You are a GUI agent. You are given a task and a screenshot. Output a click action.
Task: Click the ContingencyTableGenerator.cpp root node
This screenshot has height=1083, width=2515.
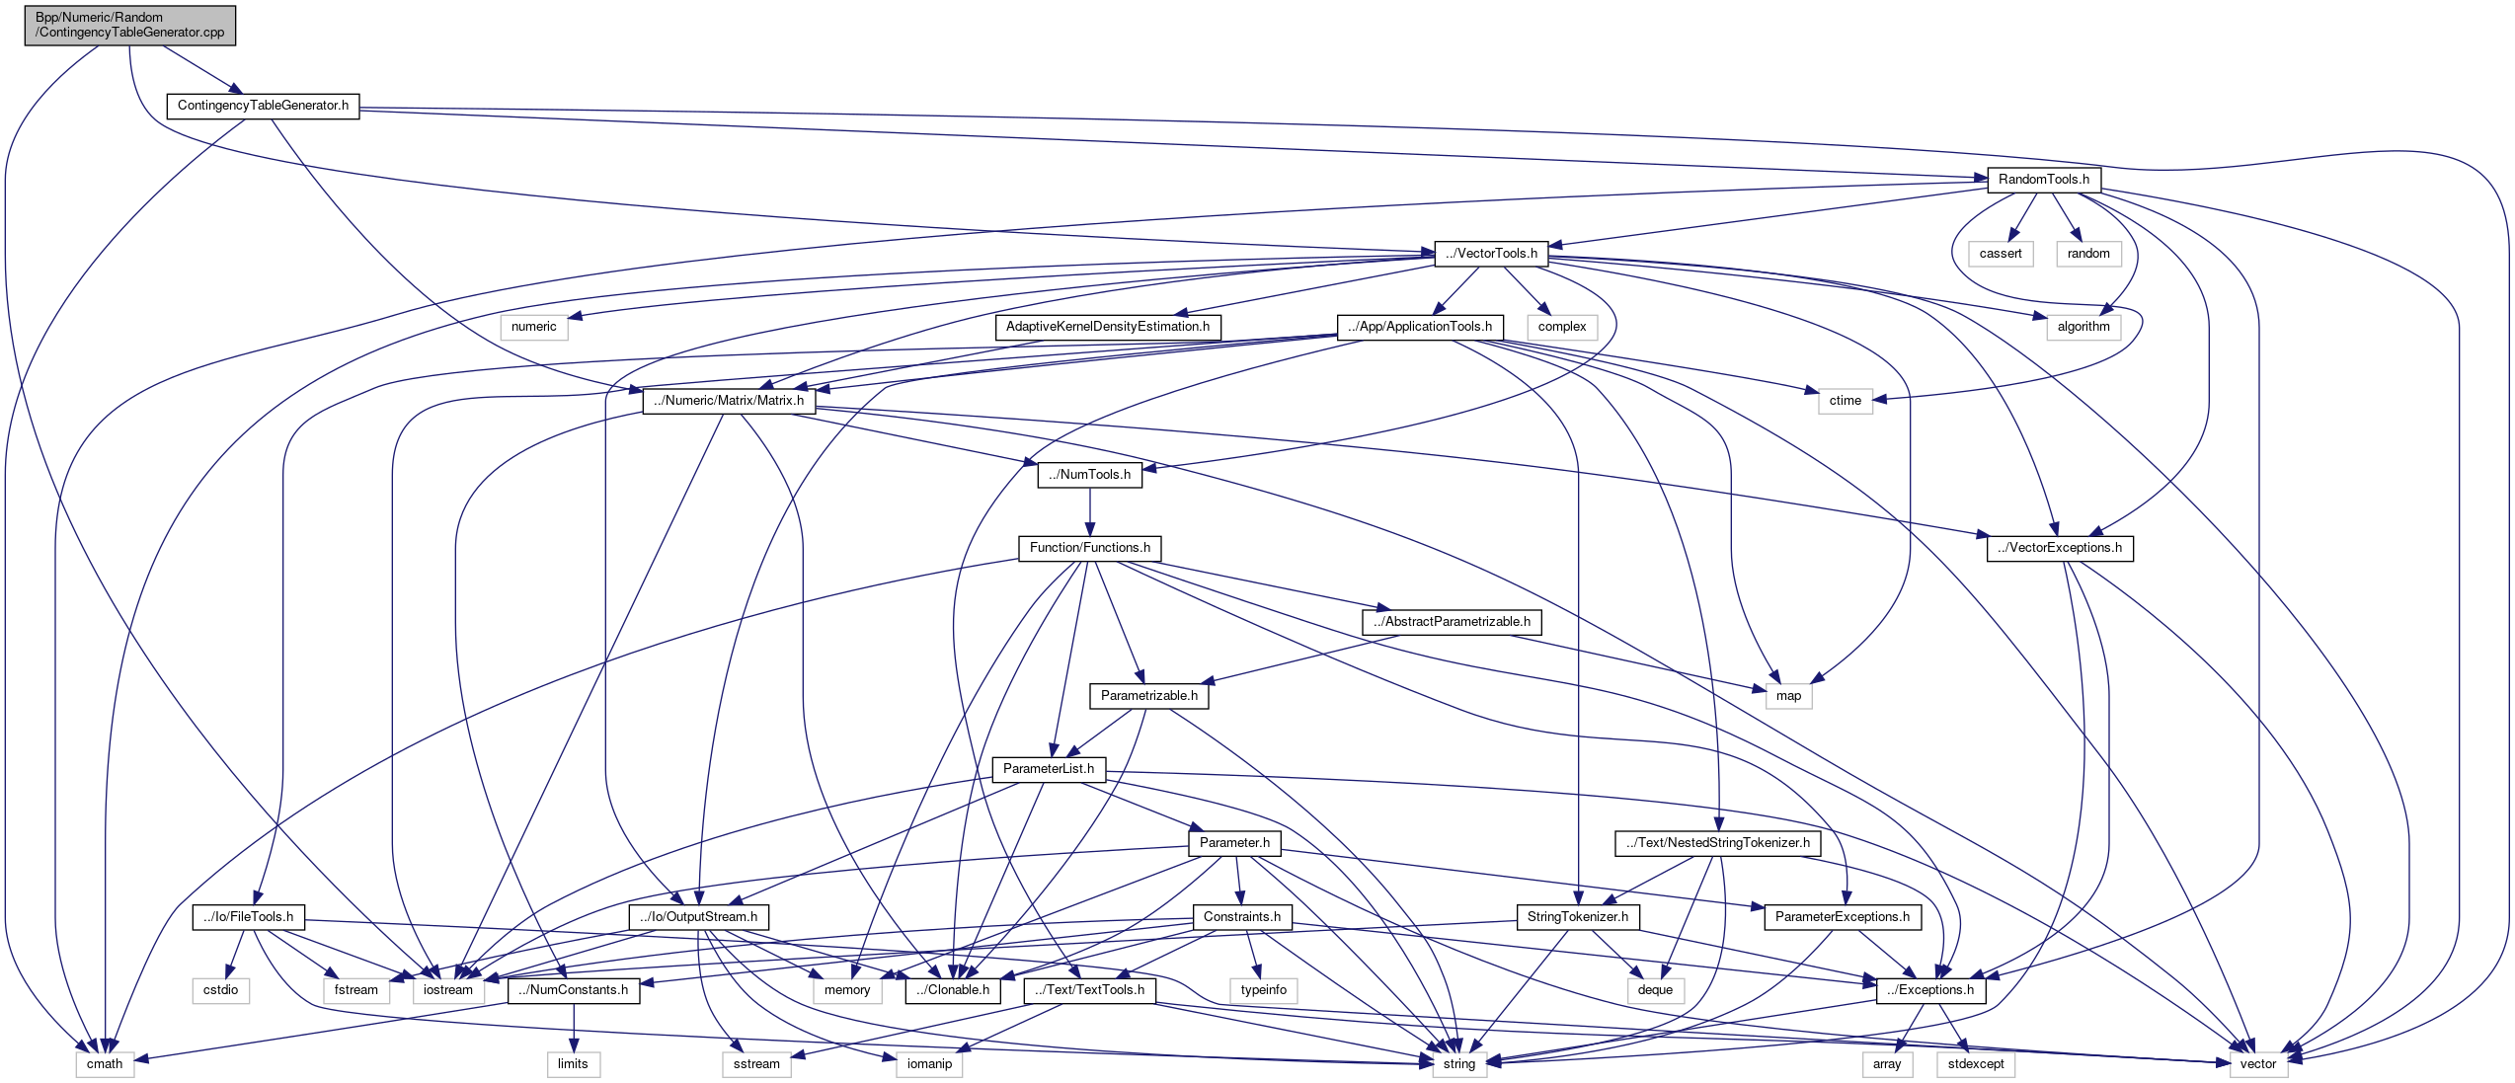click(x=130, y=25)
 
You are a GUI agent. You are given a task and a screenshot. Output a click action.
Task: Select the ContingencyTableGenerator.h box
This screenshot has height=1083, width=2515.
click(x=263, y=106)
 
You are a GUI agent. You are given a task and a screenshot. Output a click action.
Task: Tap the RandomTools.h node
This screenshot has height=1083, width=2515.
click(x=2043, y=180)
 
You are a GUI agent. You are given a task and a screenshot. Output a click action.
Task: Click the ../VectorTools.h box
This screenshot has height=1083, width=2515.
click(x=1491, y=254)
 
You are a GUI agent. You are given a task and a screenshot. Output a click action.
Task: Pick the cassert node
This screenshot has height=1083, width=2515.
click(x=2001, y=254)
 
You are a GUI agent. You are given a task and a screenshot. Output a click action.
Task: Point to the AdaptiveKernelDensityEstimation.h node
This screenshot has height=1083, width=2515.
click(x=1107, y=327)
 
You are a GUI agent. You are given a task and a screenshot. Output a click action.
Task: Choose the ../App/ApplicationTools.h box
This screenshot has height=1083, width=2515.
click(x=1420, y=327)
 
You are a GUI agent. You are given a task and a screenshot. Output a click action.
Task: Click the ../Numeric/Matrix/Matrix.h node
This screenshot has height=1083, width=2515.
click(x=729, y=401)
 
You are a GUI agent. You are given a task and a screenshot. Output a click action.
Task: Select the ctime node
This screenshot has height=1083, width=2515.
click(x=1845, y=401)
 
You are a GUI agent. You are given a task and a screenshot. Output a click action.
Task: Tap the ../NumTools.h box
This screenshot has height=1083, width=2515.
click(x=1089, y=475)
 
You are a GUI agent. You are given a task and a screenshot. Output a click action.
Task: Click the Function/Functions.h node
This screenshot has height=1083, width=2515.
click(x=1089, y=548)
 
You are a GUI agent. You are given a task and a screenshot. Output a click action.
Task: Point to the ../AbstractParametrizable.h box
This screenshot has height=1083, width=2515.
click(x=1452, y=622)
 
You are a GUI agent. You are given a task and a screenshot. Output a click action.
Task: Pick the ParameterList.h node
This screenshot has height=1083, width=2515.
click(x=1048, y=769)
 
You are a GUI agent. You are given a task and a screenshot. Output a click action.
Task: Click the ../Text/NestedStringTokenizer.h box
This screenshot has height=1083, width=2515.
click(x=1718, y=843)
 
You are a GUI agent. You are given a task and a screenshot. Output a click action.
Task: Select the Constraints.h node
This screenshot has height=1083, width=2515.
click(x=1241, y=917)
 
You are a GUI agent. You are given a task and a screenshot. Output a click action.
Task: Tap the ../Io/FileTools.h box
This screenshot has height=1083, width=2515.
click(x=248, y=917)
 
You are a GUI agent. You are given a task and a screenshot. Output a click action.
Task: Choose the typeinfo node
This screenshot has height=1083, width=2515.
click(x=1264, y=990)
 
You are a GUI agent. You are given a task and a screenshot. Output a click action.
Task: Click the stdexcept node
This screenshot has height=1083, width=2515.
click(x=1976, y=1064)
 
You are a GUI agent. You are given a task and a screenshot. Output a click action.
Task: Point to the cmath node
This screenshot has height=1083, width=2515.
click(x=105, y=1064)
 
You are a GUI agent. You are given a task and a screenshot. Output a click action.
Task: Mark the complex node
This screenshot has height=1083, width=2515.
click(x=1561, y=327)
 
